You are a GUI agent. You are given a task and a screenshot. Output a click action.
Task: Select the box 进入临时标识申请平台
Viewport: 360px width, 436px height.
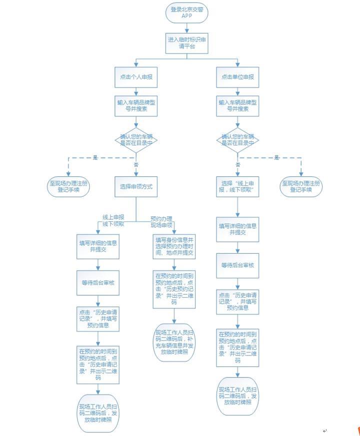point(186,43)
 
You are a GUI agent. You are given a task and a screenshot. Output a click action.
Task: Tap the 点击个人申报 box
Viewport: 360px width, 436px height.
point(135,77)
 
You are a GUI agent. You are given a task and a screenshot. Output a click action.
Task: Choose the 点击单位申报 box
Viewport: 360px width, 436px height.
point(237,77)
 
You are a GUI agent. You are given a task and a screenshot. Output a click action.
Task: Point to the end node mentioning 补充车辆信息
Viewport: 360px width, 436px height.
point(174,342)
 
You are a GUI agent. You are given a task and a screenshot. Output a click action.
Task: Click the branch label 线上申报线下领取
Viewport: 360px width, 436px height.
point(113,221)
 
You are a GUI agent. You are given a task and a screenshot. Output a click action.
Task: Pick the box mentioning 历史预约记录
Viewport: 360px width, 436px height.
point(174,289)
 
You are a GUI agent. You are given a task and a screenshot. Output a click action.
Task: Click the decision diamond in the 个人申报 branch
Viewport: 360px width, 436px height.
point(136,141)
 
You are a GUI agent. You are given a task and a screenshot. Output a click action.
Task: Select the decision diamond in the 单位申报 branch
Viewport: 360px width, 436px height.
point(237,141)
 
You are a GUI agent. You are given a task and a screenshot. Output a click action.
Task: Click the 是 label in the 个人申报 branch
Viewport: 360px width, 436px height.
point(95,158)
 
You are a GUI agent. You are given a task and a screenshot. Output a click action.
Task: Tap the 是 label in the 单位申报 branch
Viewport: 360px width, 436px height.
point(276,158)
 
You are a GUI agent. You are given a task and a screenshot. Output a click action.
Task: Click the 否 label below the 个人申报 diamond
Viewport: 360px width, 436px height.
point(136,164)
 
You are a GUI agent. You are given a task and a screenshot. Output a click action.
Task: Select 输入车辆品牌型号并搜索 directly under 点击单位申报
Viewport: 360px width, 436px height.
point(237,105)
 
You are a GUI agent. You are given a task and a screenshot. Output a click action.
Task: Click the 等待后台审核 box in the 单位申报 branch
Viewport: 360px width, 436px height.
point(237,265)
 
